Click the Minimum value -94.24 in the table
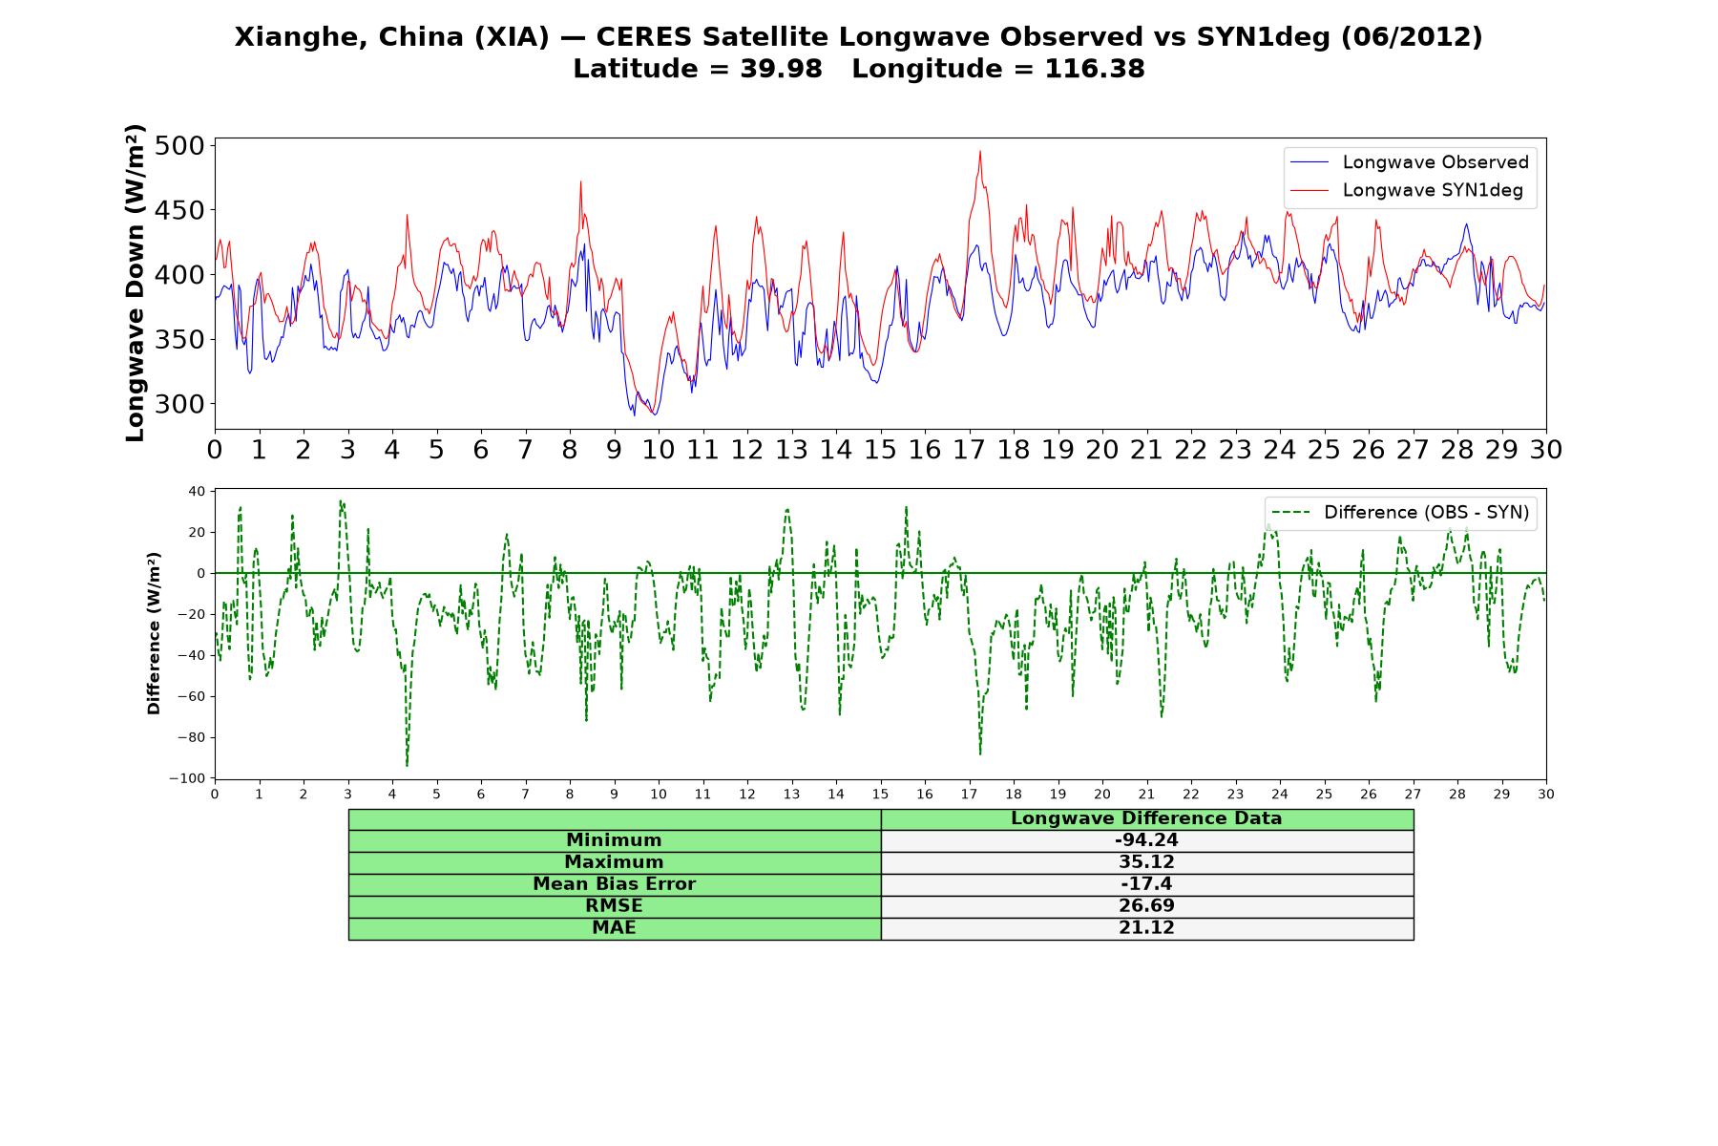[1146, 840]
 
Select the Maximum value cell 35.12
[1146, 862]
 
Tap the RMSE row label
[614, 905]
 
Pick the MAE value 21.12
[1146, 927]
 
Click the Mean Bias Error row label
[614, 883]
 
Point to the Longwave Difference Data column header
[1146, 818]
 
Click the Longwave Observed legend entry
[1409, 162]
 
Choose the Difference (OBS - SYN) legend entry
[1399, 513]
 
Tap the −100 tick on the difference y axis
[187, 778]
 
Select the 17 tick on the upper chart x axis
[969, 450]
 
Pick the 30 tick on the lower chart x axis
[1546, 794]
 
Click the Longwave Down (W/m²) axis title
[136, 283]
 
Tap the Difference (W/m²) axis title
[154, 633]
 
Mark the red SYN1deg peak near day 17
[979, 151]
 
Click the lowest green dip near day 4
[407, 765]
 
